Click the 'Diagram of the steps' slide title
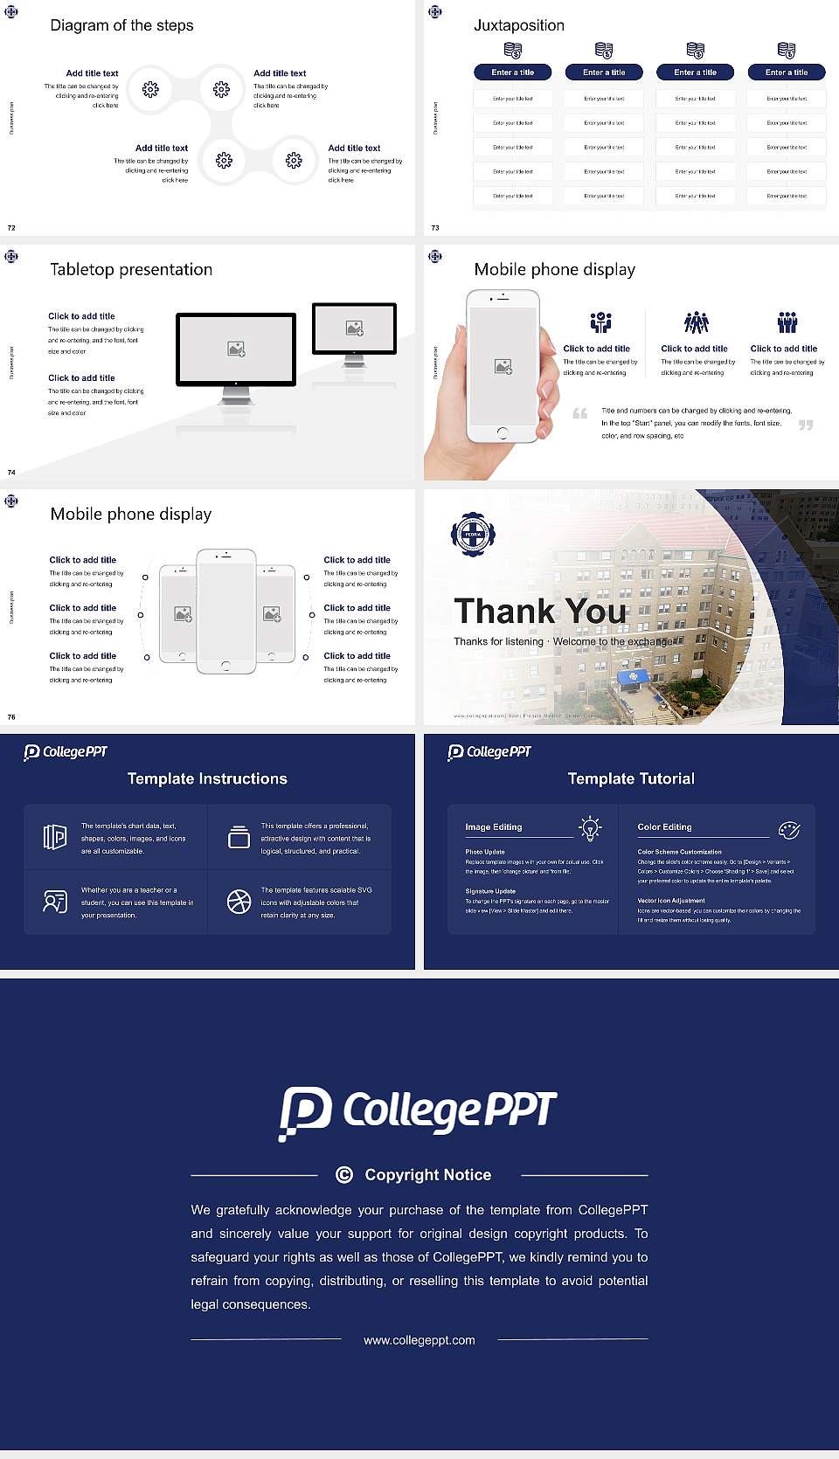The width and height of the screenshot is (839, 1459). tap(121, 25)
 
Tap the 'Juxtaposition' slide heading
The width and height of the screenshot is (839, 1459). tap(518, 25)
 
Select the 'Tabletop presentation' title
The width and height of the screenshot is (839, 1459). tap(131, 270)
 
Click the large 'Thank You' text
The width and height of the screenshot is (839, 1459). tap(540, 612)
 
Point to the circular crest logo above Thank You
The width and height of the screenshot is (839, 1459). tap(473, 534)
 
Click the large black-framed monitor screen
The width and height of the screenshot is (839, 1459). tap(236, 349)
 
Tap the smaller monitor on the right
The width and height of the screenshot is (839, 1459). tap(354, 328)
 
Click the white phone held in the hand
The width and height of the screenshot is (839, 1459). tap(502, 365)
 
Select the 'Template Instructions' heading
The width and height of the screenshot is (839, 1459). tap(207, 778)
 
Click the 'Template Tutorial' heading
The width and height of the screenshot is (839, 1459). tap(631, 778)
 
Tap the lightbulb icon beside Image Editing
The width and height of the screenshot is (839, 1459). tap(590, 828)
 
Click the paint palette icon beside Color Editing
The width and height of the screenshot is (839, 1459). tap(789, 829)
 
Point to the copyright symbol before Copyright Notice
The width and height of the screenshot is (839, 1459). tap(344, 1175)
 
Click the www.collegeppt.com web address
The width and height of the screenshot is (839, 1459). tap(419, 1340)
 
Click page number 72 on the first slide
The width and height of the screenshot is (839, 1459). tap(11, 228)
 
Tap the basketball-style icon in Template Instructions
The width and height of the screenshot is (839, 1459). tap(239, 902)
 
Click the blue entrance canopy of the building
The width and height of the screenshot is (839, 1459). tap(633, 677)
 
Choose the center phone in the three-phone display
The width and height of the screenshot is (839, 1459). tap(225, 612)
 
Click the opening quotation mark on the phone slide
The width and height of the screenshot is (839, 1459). tap(579, 413)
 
